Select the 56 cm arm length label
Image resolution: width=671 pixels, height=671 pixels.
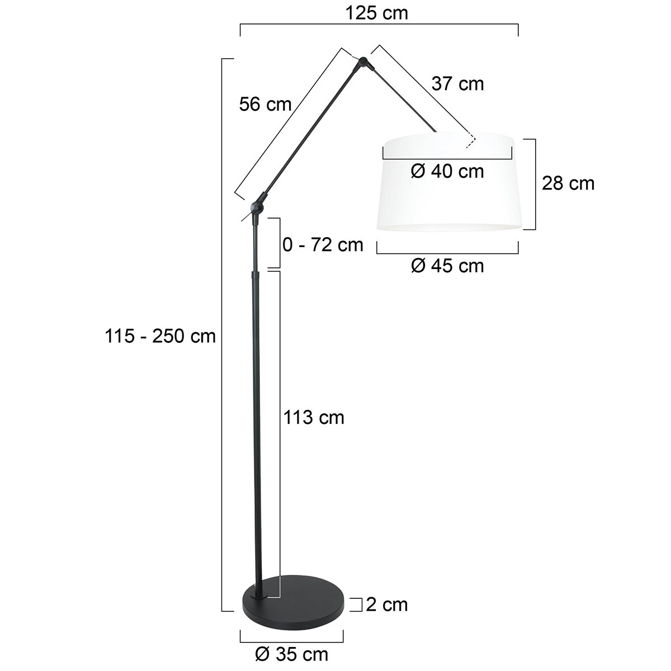(265, 104)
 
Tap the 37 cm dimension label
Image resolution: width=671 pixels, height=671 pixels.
(457, 84)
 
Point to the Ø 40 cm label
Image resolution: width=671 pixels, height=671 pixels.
(447, 171)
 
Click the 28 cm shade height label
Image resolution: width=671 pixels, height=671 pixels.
(568, 183)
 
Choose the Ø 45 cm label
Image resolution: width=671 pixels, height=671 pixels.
(447, 265)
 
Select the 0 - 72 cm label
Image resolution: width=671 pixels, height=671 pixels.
(323, 244)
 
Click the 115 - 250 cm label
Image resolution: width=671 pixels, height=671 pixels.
(160, 336)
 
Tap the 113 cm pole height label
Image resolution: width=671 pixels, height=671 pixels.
(314, 417)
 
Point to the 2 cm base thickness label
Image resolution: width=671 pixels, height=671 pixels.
(387, 604)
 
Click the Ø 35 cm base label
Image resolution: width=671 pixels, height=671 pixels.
(291, 654)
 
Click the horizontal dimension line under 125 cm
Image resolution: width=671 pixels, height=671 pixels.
(379, 25)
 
